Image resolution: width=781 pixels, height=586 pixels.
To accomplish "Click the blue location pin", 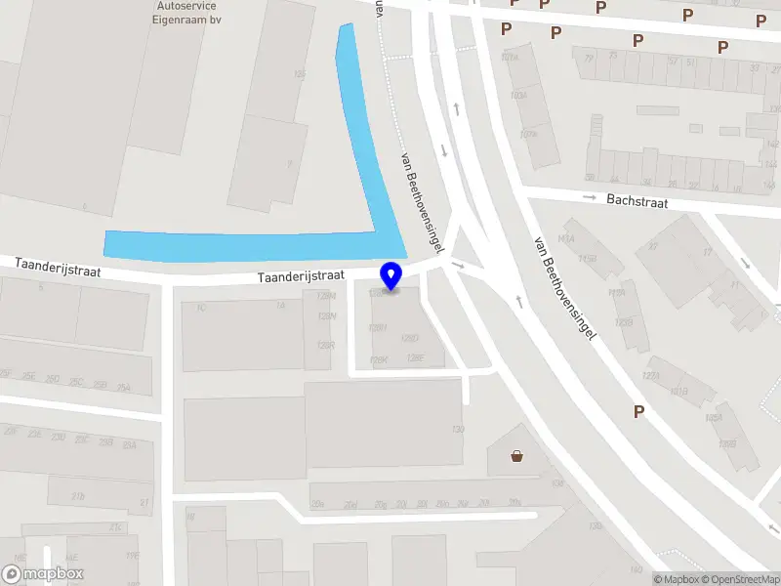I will pos(392,275).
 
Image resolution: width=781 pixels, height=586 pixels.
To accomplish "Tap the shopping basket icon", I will pos(516,455).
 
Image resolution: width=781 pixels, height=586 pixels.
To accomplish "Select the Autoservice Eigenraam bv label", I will pos(186,11).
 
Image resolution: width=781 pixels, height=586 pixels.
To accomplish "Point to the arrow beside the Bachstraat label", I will pos(589,198).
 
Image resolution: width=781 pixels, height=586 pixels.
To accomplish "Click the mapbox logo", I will pos(43,573).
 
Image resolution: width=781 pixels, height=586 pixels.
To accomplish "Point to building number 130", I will pos(459,429).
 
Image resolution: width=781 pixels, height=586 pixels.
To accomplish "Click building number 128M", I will pos(327,296).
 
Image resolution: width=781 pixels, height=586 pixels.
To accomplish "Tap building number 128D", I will pos(411,338).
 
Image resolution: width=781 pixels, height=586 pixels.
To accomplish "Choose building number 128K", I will pos(380,360).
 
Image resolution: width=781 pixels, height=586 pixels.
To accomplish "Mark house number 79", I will pos(589,58).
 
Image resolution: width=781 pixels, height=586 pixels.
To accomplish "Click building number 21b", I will pos(78,496).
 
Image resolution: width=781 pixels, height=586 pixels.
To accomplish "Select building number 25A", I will pos(129,444).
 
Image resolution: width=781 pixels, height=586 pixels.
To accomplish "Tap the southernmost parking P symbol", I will pos(638,412).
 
